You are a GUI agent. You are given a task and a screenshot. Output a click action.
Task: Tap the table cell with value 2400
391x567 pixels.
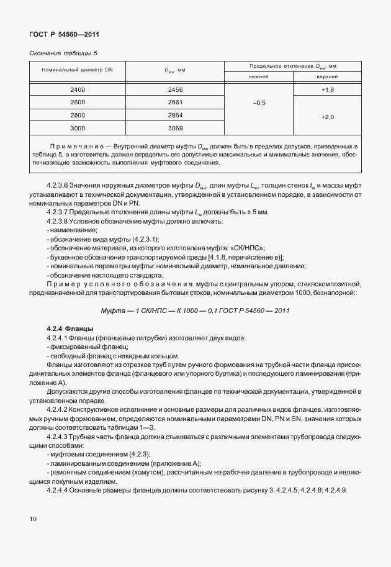click(78, 90)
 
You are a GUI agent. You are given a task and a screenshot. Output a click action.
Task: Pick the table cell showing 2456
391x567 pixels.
click(175, 90)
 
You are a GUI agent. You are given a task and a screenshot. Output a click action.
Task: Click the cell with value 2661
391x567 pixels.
click(175, 102)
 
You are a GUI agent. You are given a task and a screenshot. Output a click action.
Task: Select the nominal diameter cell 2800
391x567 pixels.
click(78, 115)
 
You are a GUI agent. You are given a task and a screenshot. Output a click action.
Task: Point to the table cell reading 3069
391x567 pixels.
click(175, 127)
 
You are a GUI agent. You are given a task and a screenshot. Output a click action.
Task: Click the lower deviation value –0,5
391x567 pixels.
click(259, 102)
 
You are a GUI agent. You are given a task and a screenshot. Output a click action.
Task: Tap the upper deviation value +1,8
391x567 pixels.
click(328, 90)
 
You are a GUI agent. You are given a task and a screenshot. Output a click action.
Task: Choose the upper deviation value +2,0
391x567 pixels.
click(328, 117)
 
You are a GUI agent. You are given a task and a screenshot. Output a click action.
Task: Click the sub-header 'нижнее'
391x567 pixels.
click(259, 77)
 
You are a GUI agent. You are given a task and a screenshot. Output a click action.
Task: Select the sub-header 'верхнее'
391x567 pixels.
click(328, 77)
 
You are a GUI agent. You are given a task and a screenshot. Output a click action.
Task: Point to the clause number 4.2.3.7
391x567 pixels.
click(60, 212)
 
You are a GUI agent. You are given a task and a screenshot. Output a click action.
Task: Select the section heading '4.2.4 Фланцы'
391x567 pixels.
click(70, 328)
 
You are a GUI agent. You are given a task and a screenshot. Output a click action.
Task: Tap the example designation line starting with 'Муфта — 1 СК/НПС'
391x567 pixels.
click(195, 311)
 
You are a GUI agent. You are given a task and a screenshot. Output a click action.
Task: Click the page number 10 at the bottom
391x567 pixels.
click(33, 517)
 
